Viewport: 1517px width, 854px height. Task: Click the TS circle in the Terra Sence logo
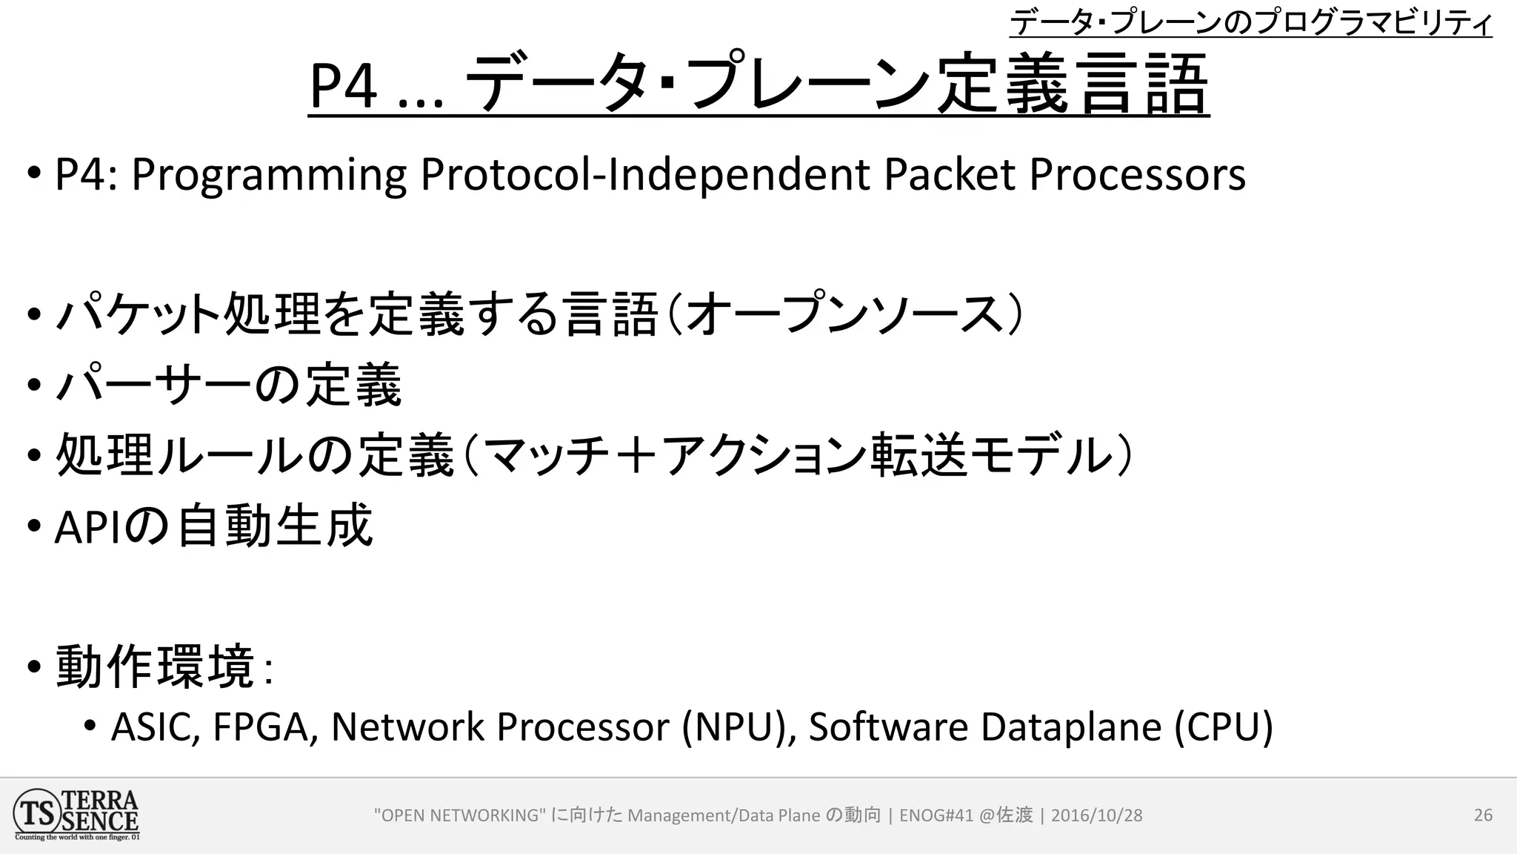36,813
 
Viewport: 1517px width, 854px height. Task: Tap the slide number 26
1483,815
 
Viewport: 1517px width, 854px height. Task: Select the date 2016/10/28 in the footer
1096,815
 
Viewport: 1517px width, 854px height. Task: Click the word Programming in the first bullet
268,176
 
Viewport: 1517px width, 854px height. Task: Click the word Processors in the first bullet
1137,176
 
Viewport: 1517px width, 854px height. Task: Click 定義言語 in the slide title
1073,85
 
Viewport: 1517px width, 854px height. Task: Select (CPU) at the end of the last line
1224,726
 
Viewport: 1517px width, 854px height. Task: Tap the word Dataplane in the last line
1071,726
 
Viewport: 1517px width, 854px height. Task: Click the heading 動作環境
156,667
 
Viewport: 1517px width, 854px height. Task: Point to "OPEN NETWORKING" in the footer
460,815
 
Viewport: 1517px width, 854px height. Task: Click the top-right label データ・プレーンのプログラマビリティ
1250,22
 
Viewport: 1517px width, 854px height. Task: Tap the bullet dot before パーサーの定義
34,385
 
